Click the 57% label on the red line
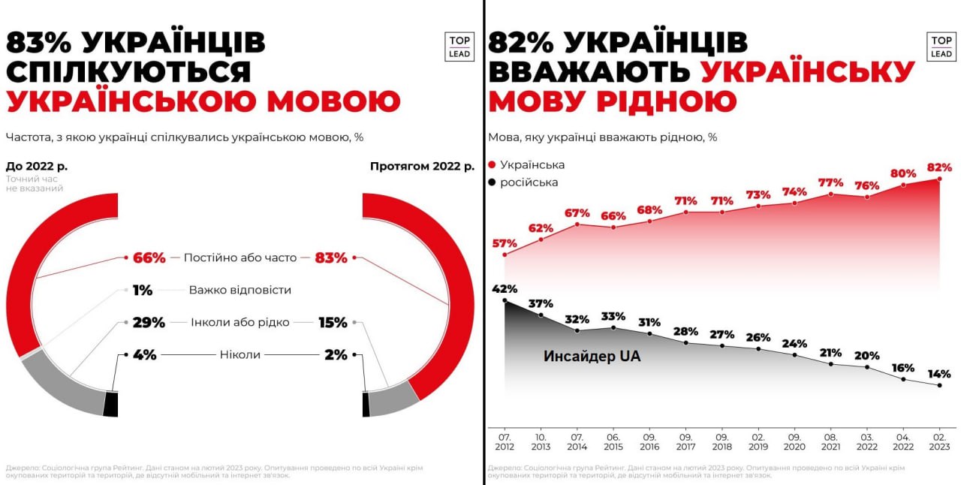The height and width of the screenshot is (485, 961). (x=505, y=243)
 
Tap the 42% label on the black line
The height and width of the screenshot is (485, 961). (x=505, y=289)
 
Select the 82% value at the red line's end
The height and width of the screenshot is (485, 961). (x=939, y=167)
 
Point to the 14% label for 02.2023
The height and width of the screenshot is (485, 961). (x=939, y=373)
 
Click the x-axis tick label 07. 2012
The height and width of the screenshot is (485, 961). (x=505, y=441)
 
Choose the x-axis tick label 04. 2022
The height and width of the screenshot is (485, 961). (x=903, y=441)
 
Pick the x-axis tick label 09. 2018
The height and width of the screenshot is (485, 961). (x=722, y=441)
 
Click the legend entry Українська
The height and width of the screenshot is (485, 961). (x=532, y=164)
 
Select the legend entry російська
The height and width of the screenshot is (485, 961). (x=529, y=182)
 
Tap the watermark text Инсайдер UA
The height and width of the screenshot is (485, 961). (x=592, y=357)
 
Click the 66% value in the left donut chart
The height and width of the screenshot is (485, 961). (x=149, y=258)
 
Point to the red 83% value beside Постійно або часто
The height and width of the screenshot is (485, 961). (x=331, y=258)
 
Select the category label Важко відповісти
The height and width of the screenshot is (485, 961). (x=240, y=290)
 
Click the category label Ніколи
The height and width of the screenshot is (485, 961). (x=240, y=354)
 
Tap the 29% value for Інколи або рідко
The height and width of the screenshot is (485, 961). (x=149, y=323)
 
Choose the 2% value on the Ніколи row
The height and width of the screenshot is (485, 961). (x=336, y=354)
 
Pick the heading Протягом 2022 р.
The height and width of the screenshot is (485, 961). (x=422, y=166)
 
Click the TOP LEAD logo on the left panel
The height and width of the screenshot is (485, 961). (x=459, y=47)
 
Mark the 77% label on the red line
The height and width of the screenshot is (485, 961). (x=830, y=182)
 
